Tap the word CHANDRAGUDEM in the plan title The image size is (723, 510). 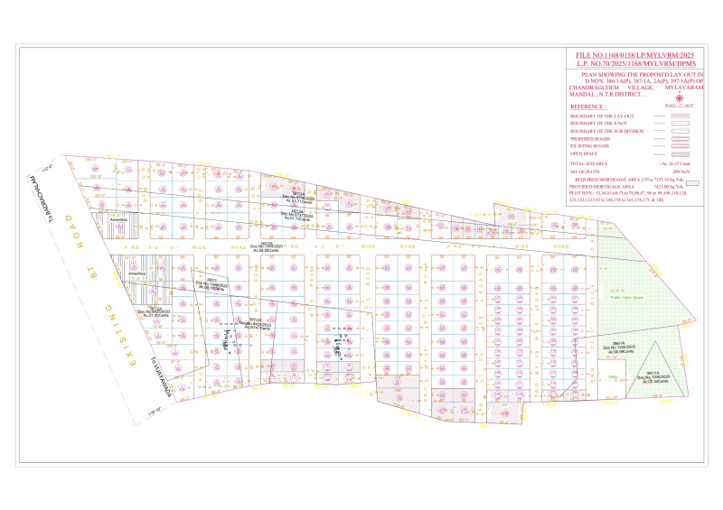(593, 88)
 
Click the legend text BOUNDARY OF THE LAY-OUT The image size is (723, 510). (603, 116)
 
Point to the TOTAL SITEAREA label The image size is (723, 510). (593, 162)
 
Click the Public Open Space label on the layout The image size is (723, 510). (625, 296)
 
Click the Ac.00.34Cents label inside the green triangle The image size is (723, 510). (654, 382)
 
